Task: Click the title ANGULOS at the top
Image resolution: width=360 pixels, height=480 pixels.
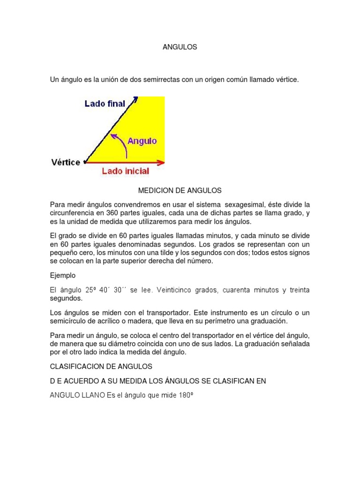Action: pos(180,47)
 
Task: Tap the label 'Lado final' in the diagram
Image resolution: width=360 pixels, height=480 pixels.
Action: pos(105,104)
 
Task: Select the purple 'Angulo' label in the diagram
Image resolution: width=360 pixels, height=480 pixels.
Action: pos(142,140)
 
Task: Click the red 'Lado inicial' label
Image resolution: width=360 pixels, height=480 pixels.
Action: pos(126,171)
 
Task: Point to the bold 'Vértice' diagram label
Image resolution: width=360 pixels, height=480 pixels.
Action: pos(65,163)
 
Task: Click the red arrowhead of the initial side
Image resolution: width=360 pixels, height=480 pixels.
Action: pos(161,163)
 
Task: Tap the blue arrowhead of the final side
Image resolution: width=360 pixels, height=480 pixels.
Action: pos(135,99)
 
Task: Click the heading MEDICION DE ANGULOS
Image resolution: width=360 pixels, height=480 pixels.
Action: pos(180,191)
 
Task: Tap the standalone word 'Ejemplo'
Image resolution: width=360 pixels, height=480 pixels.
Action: pos(63,275)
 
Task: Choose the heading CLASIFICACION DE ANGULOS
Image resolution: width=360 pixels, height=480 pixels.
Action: pos(101,366)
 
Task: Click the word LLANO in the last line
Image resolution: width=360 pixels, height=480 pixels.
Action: pos(93,395)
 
